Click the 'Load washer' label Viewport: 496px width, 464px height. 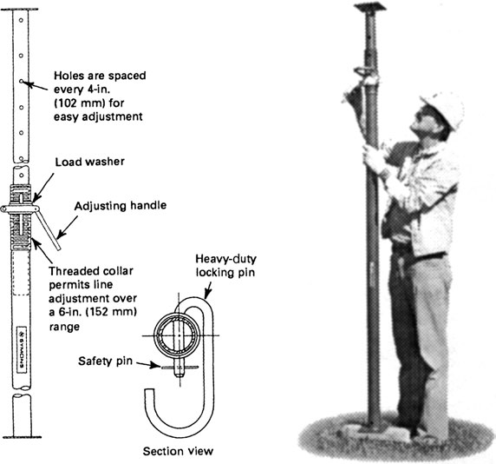(86, 162)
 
